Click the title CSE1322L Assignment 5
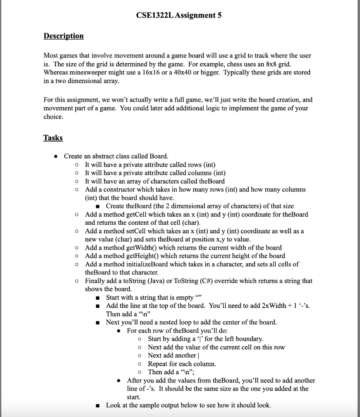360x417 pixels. [180, 15]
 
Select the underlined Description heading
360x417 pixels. [64, 36]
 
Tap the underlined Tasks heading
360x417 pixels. [53, 138]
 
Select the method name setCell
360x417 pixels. [138, 231]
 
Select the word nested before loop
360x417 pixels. [167, 322]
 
